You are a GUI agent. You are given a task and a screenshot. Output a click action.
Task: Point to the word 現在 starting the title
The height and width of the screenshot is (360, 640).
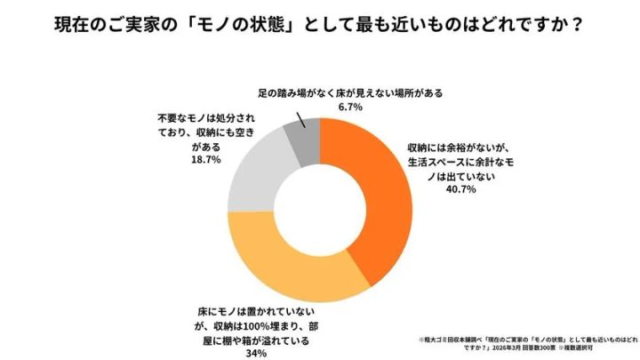[x=68, y=24]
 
